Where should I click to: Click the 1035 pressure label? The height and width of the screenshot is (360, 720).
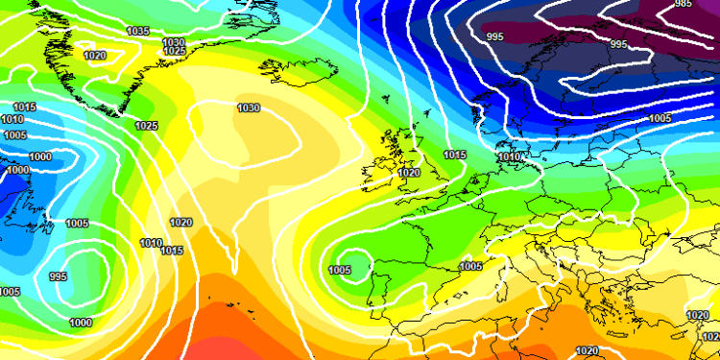tap(138, 32)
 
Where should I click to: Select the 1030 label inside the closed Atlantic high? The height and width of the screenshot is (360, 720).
tap(249, 108)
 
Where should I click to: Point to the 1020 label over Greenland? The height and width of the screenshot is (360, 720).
tap(95, 56)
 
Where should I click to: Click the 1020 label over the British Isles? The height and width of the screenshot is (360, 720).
tap(409, 173)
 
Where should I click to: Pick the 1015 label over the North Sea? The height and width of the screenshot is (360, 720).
tap(455, 155)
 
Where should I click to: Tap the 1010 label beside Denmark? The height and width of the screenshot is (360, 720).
tap(508, 156)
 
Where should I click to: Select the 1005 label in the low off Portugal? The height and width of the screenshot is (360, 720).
tap(339, 270)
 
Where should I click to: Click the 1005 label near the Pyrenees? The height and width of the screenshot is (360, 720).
tap(470, 266)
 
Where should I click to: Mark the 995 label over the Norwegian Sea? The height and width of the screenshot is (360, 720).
tap(495, 36)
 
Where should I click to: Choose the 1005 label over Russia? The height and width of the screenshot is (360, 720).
tap(660, 118)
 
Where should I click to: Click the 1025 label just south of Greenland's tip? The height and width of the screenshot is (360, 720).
tap(147, 126)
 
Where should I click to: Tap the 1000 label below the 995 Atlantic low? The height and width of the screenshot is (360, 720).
tap(82, 323)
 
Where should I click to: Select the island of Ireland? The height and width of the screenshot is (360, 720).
tap(380, 174)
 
